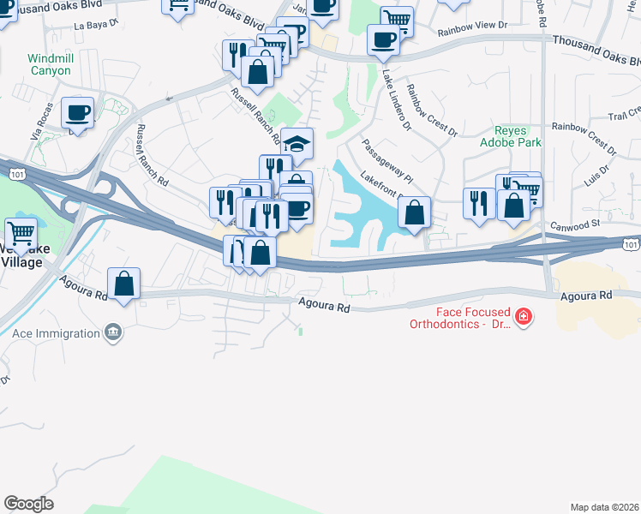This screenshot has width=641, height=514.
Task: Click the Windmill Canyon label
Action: click(49, 64)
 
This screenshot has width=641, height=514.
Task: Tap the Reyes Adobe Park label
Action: click(517, 136)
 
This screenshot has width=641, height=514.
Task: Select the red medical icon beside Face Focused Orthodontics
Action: click(523, 318)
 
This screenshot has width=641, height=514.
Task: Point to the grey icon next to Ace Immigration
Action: click(112, 332)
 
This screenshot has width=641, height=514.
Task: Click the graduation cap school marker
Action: click(297, 144)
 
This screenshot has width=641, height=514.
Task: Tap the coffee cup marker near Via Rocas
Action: click(77, 112)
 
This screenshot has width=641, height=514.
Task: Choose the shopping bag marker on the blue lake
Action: click(415, 213)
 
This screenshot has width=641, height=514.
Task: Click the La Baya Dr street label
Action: click(95, 25)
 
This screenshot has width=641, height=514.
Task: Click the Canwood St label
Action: click(576, 224)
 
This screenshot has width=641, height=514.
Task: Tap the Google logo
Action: click(28, 503)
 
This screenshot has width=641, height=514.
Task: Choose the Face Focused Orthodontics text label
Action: click(460, 318)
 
